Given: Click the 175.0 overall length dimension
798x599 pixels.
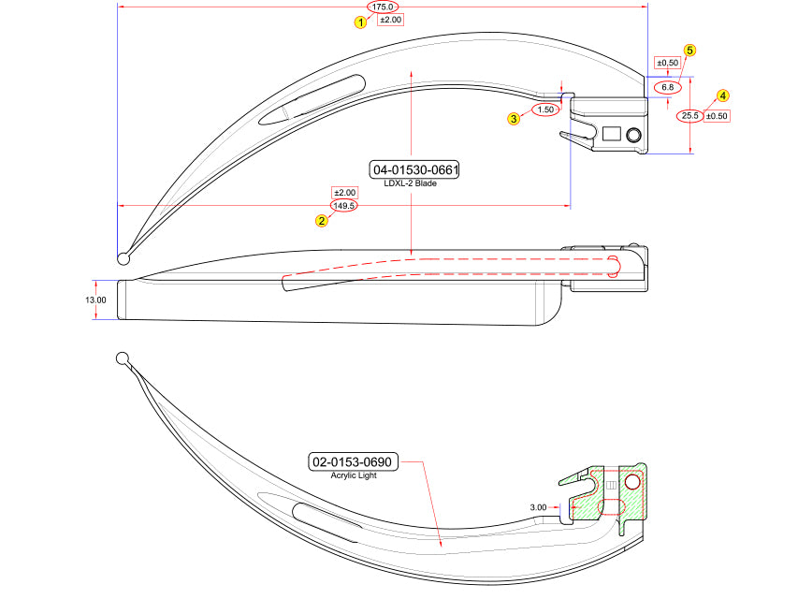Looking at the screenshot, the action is (x=383, y=7).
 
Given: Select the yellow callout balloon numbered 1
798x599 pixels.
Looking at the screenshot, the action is (x=361, y=22).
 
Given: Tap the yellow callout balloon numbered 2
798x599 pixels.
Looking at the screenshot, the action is (x=322, y=221).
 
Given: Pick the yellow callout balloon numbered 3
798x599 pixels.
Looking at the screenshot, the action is (x=514, y=119).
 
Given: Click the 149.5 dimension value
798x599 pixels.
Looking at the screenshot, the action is (x=344, y=206).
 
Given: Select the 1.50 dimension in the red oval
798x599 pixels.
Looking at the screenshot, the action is (x=545, y=110).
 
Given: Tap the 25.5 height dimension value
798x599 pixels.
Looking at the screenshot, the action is (x=689, y=116).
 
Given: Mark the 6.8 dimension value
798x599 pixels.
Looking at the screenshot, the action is (x=668, y=87).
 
